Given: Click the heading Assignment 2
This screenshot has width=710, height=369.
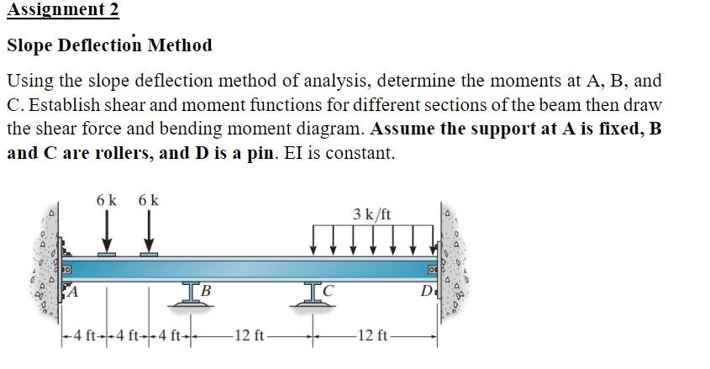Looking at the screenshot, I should (x=62, y=10).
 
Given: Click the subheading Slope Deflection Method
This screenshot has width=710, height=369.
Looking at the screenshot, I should (x=109, y=45).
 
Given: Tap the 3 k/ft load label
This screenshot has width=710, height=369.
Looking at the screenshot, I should (x=371, y=214).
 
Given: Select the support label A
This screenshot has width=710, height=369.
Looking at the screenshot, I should (x=73, y=293).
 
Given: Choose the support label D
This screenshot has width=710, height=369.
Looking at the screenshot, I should (x=429, y=293).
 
